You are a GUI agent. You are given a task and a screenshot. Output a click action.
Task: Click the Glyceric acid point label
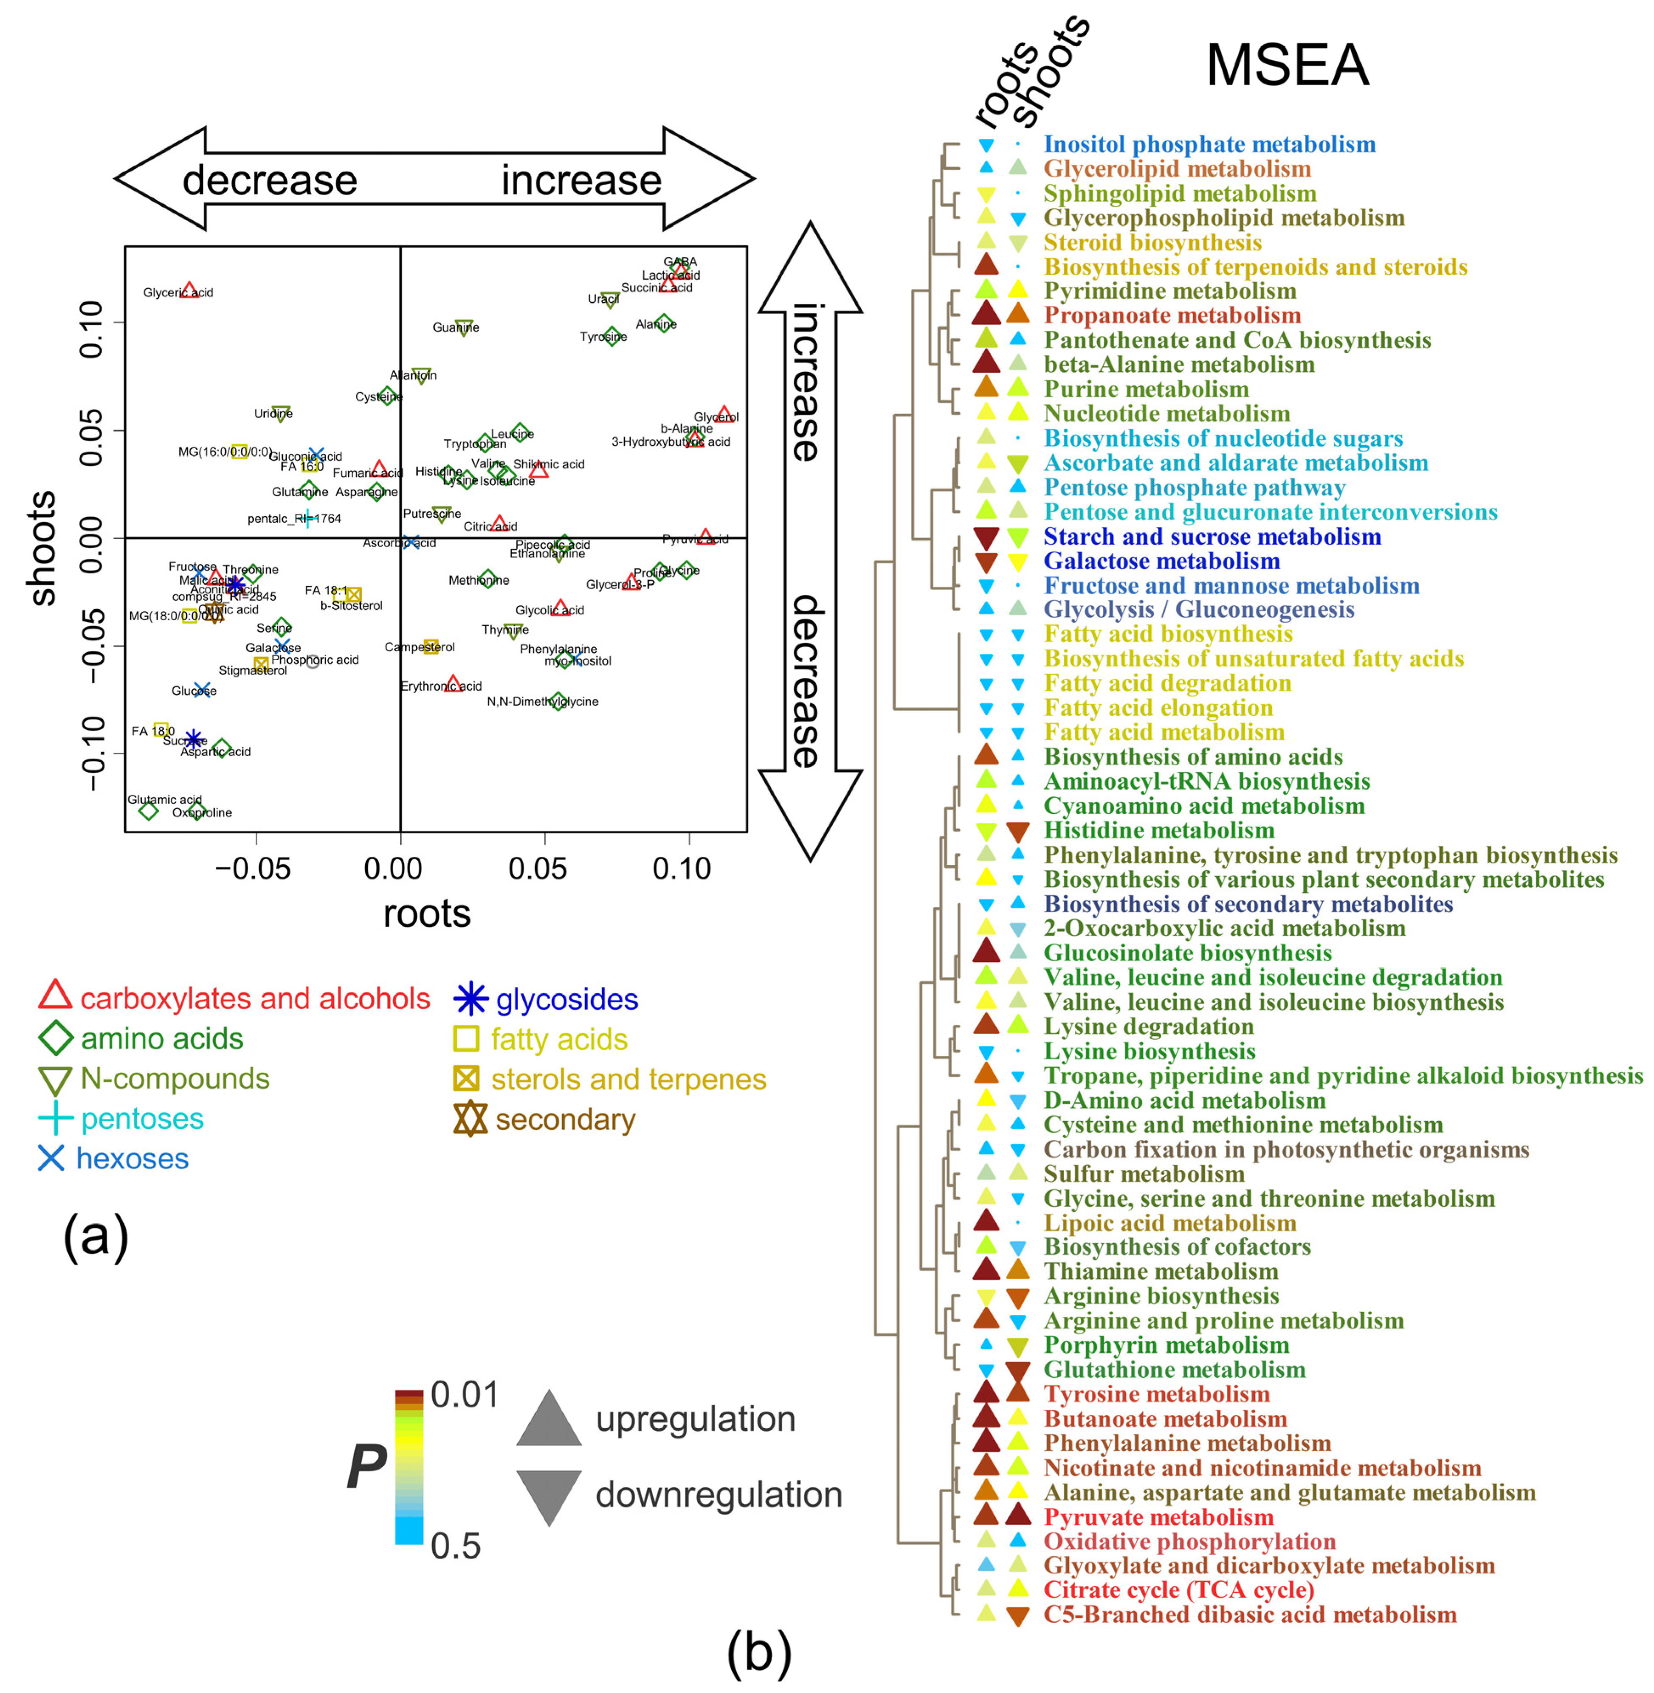178,293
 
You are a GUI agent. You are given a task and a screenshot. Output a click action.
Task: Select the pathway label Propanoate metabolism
1172,315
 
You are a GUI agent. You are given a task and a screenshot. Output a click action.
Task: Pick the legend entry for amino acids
161,1039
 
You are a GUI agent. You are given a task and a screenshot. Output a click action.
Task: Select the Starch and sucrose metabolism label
1212,537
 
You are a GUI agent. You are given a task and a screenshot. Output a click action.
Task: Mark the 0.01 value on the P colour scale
465,1395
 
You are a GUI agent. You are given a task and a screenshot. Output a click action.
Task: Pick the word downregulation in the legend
719,1495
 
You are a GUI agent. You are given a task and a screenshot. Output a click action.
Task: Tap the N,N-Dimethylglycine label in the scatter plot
542,702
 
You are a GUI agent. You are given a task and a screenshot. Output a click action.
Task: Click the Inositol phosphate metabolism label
1209,144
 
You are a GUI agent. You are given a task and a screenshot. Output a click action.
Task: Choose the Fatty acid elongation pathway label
1158,708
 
